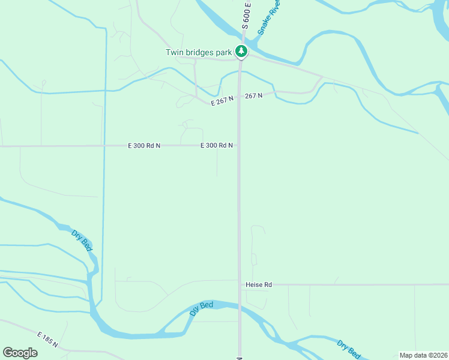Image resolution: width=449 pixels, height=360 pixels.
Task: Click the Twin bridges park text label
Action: [x=199, y=52]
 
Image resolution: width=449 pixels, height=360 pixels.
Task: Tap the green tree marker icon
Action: [x=241, y=52]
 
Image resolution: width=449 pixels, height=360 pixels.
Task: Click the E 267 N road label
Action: [x=222, y=102]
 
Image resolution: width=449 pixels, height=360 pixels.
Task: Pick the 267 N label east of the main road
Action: [x=253, y=96]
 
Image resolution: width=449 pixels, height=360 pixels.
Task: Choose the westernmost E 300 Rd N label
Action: [x=144, y=146]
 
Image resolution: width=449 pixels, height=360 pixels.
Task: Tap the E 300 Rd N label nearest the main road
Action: [x=217, y=146]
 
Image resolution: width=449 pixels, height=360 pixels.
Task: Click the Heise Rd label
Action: [x=259, y=284]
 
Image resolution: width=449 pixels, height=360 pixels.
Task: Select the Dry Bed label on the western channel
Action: [x=82, y=240]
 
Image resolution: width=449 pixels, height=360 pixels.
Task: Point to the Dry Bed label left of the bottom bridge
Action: [x=201, y=309]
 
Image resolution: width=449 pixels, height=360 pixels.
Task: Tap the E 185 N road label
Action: [x=47, y=340]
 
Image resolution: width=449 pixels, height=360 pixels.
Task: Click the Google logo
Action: [x=20, y=353]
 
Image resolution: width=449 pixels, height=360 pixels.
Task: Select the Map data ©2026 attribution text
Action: [x=423, y=355]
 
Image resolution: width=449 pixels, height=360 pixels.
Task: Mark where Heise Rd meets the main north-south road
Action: [x=240, y=284]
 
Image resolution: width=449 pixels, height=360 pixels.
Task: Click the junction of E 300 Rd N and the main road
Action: [x=239, y=145]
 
